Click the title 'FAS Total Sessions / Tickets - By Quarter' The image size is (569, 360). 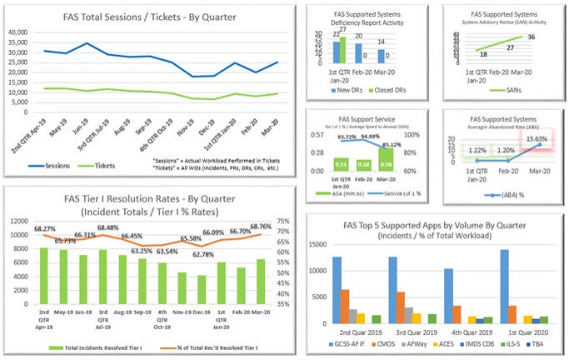(x=147, y=17)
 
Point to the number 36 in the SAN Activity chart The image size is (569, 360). (x=530, y=37)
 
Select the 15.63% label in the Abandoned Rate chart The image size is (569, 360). (x=536, y=139)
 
